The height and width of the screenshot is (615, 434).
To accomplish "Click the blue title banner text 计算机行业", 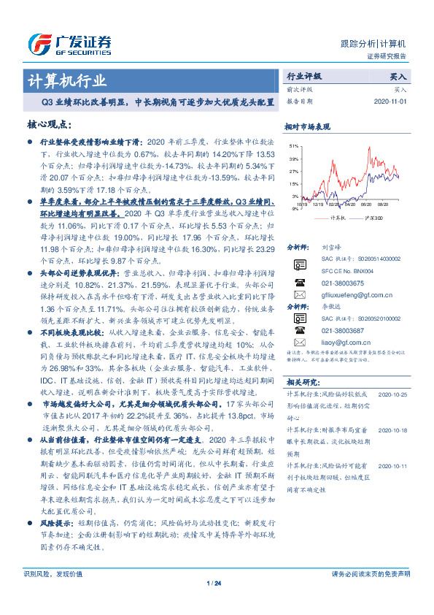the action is click(66, 80).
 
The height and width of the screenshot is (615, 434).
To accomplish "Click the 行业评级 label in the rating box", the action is click(305, 76).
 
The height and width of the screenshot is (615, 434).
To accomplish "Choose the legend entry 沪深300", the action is click(371, 217).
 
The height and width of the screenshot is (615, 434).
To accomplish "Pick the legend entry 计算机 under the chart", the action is click(337, 217).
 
